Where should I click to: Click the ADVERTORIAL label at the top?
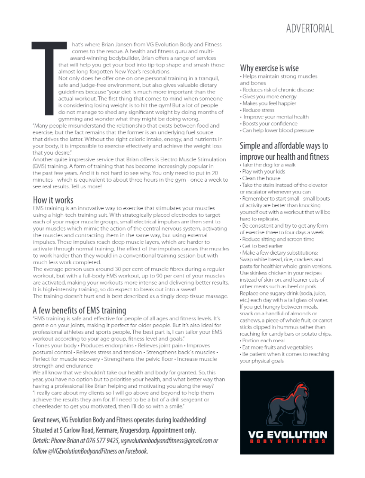[x=310, y=29]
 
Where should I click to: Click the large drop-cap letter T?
[x=48, y=79]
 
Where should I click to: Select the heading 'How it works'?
[x=53, y=200]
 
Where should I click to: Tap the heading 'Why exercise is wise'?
[x=269, y=68]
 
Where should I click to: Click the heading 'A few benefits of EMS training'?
[x=79, y=310]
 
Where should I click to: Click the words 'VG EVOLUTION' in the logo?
[x=287, y=435]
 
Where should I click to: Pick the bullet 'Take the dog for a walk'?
[x=269, y=165]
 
